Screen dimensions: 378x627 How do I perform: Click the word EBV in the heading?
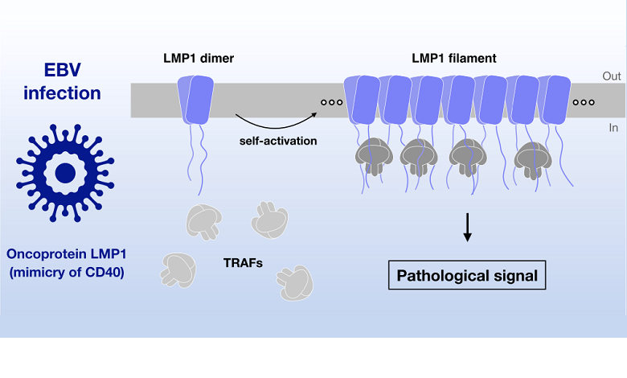tap(62, 68)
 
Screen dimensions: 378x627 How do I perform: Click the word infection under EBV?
tap(62, 92)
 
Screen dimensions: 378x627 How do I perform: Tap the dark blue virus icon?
tap(63, 172)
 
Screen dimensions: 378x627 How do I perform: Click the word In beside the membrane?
tap(611, 128)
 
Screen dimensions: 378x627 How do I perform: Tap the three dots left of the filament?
tap(328, 103)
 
